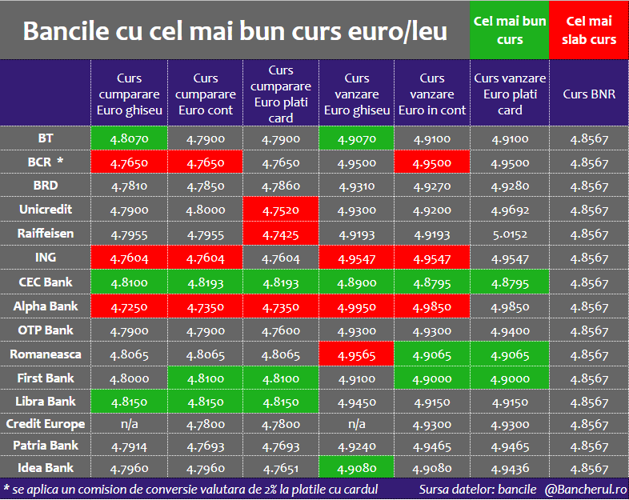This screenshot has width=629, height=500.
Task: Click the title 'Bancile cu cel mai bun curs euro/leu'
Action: coord(234,31)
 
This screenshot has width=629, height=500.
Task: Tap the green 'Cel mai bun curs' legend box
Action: coord(510,30)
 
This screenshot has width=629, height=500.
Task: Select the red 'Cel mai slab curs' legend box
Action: coord(589,30)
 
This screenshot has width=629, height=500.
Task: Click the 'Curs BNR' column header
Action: coord(589,94)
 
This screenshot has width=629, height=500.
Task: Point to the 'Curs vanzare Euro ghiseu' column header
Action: coord(357,94)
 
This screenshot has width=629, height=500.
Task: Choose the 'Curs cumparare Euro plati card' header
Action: coord(281,94)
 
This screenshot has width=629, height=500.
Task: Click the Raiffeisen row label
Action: coord(46,234)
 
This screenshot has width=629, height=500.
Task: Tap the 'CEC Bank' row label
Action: coord(46,282)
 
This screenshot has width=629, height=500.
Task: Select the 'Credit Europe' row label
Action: coord(46,424)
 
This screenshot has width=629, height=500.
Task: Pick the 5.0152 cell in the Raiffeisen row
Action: coord(510,234)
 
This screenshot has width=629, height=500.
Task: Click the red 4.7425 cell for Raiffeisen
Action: coord(281,234)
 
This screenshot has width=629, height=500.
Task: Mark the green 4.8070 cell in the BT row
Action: coord(129,138)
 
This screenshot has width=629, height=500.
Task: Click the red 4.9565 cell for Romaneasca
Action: coord(357,354)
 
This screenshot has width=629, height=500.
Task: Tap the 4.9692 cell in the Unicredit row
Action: coord(510,210)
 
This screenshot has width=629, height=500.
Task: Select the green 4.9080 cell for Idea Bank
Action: coord(357,467)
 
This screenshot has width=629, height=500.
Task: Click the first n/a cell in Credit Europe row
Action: coord(129,424)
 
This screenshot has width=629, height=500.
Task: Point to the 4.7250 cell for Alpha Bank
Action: coord(129,306)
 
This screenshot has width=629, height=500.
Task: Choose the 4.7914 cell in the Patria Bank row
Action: coord(129,446)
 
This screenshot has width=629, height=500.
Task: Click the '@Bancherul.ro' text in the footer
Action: coord(585,489)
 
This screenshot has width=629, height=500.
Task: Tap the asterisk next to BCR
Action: coord(60,161)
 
